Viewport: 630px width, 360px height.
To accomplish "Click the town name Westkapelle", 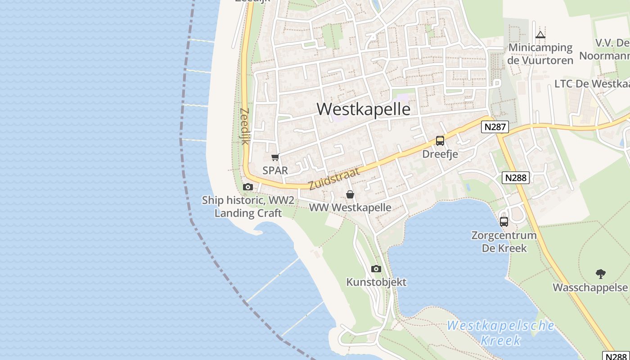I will (364, 109).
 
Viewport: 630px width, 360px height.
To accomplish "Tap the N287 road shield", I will (495, 127).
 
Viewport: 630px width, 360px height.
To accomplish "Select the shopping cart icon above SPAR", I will (275, 157).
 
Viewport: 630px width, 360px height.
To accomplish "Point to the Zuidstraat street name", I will (334, 179).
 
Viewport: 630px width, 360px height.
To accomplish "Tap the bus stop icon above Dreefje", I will (440, 141).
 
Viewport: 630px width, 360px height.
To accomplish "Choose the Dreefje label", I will (440, 154).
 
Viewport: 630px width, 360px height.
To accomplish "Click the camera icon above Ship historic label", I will (247, 187).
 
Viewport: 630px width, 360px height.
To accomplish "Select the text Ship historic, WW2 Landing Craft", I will (248, 207).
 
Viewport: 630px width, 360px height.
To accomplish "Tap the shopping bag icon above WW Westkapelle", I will (350, 194).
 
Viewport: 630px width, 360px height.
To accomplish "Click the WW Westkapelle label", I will (350, 208).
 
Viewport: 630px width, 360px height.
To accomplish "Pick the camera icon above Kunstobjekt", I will (376, 269).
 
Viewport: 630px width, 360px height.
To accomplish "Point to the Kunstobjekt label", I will (376, 282).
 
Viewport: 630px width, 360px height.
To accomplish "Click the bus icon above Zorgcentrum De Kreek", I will (504, 221).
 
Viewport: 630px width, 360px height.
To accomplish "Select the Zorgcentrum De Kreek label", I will (504, 242).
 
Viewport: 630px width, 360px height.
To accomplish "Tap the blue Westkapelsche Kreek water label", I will (500, 333).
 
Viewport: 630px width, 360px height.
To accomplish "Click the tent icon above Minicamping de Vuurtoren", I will (540, 35).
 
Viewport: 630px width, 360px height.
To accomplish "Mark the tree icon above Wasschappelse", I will (600, 274).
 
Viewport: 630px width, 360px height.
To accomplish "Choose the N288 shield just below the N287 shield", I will (516, 177).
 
